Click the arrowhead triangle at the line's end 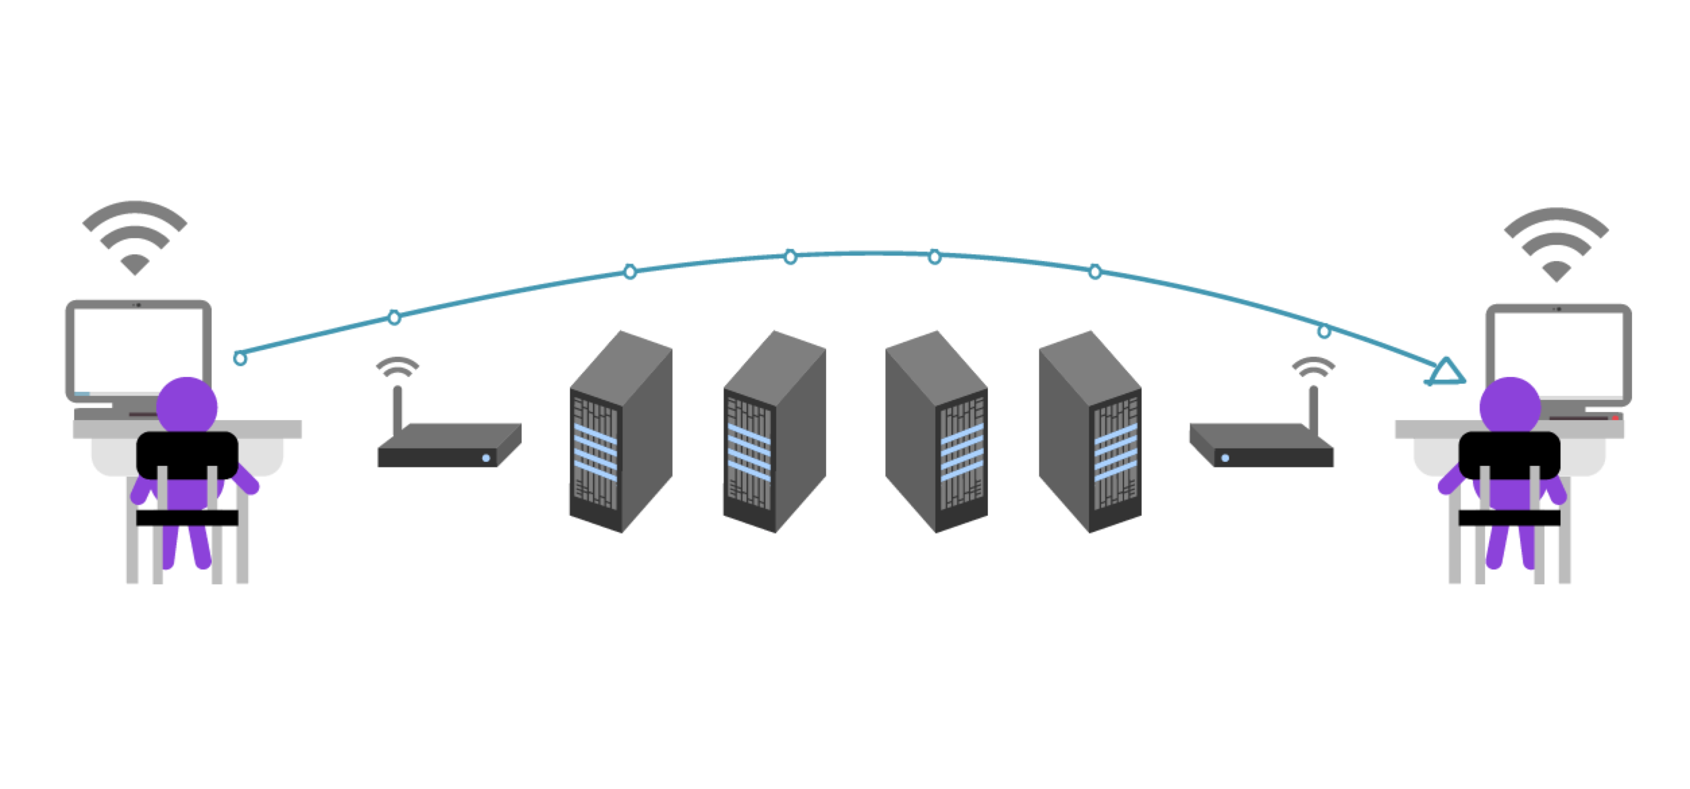click(x=1446, y=372)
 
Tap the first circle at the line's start click(x=240, y=358)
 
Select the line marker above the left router click(x=395, y=317)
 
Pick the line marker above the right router click(x=1324, y=331)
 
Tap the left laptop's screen click(x=138, y=347)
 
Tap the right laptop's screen click(x=1558, y=351)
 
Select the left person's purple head click(x=187, y=406)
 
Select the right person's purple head click(x=1511, y=406)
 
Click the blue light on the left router click(x=486, y=458)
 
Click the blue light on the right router click(x=1225, y=458)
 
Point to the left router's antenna click(x=397, y=408)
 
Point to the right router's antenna click(x=1314, y=408)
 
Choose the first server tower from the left click(x=620, y=432)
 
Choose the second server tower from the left click(x=774, y=432)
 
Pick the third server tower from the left click(x=937, y=432)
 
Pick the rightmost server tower click(x=1090, y=432)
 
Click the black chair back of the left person click(x=187, y=453)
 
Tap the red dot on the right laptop click(x=1615, y=418)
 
